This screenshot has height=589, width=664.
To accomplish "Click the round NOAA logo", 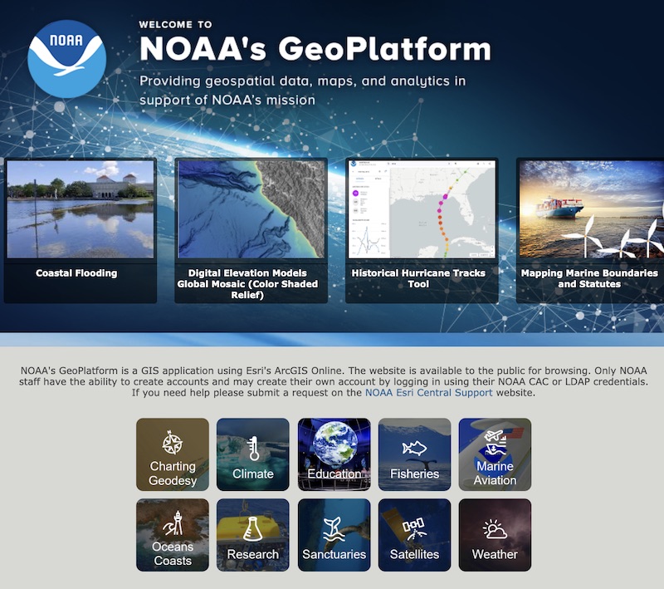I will coord(66,59).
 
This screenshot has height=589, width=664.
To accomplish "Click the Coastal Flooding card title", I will coord(76,273).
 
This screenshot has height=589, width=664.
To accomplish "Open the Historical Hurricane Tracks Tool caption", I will coord(418,278).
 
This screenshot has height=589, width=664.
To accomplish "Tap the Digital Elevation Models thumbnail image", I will coord(253,209).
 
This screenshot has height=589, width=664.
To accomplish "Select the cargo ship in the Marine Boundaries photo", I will coord(559,207).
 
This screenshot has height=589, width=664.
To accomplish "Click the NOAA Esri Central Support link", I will coord(428,393).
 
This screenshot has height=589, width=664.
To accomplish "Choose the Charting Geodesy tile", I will coord(173,454).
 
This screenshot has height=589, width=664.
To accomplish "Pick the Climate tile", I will coord(253,454).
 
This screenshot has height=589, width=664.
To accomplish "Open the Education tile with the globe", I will coord(334,454).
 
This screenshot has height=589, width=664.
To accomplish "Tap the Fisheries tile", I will coord(414,454).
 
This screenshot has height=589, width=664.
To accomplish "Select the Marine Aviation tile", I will coord(495,454).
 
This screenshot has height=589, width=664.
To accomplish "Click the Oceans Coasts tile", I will coord(173,535).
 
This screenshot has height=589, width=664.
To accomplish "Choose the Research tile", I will coord(253,535).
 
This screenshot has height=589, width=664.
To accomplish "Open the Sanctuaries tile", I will coord(334,535).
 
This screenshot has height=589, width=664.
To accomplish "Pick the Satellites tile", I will coord(414,535).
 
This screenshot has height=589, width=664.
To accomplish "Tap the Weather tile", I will coord(495,535).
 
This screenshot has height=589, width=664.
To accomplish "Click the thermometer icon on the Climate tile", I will coord(253,449).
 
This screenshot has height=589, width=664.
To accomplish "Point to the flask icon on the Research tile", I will coord(253,528).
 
